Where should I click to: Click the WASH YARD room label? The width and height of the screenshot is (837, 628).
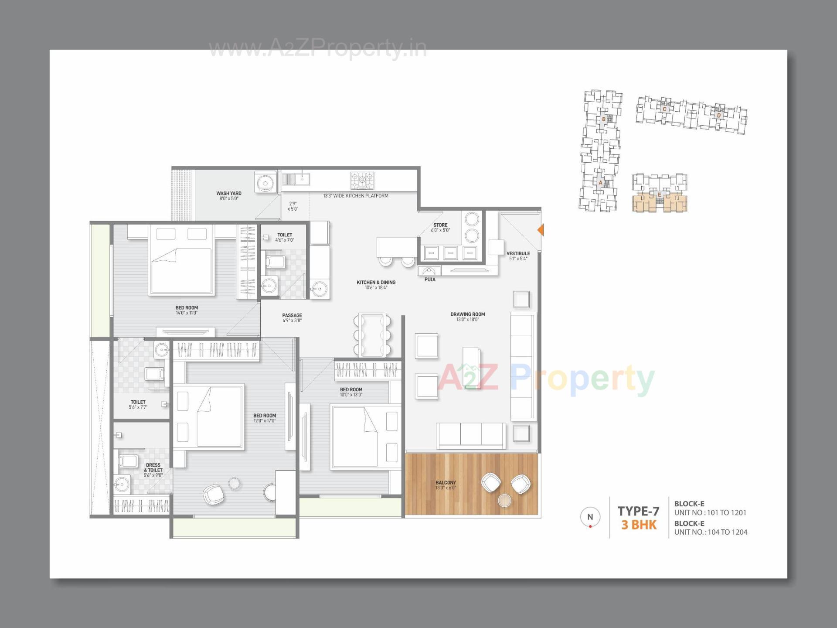[x=228, y=196]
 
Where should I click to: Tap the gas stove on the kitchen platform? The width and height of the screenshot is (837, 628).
[x=362, y=181]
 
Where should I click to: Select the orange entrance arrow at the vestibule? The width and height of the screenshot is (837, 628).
[x=541, y=230]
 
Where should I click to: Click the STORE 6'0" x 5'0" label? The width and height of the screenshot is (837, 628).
[x=440, y=227]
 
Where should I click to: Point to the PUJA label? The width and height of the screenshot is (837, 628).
[x=429, y=280]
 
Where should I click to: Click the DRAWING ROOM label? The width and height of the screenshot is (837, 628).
[x=467, y=317]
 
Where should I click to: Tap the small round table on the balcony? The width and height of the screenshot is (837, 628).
[x=504, y=500]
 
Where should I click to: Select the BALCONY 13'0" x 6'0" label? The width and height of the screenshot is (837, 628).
[x=446, y=485]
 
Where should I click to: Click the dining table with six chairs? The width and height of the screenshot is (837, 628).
[x=372, y=334]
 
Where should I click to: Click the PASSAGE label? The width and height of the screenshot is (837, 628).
[x=292, y=317]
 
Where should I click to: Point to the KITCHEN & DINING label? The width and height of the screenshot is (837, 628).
[x=376, y=285]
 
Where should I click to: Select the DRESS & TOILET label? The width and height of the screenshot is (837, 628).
[x=153, y=470]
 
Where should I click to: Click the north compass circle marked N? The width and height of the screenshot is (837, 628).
[x=590, y=517]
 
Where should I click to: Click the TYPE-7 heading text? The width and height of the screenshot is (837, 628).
[x=638, y=511]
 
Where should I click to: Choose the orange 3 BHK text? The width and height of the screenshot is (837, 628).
[x=639, y=525]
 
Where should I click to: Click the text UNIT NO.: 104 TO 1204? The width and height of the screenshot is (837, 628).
[x=711, y=532]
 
